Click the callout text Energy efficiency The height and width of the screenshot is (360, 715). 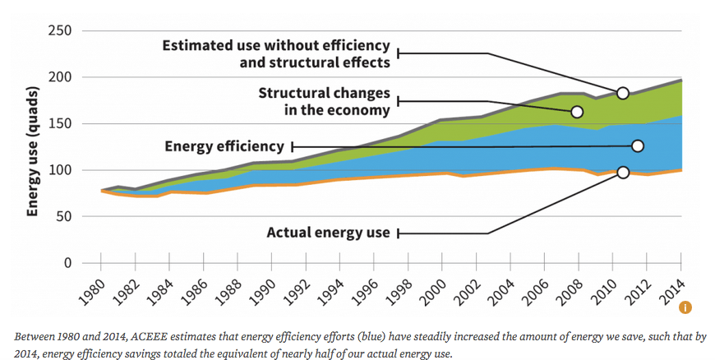click(x=224, y=146)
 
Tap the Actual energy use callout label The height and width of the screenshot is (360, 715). click(x=328, y=233)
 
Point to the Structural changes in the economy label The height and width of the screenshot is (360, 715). click(x=325, y=102)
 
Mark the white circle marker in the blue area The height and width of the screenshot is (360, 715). click(x=638, y=145)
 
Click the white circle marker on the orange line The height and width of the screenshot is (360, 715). click(x=622, y=172)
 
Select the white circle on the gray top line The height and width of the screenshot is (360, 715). click(x=622, y=93)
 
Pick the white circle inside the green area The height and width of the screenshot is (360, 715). click(x=577, y=111)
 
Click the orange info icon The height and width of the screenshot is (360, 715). click(x=685, y=307)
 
